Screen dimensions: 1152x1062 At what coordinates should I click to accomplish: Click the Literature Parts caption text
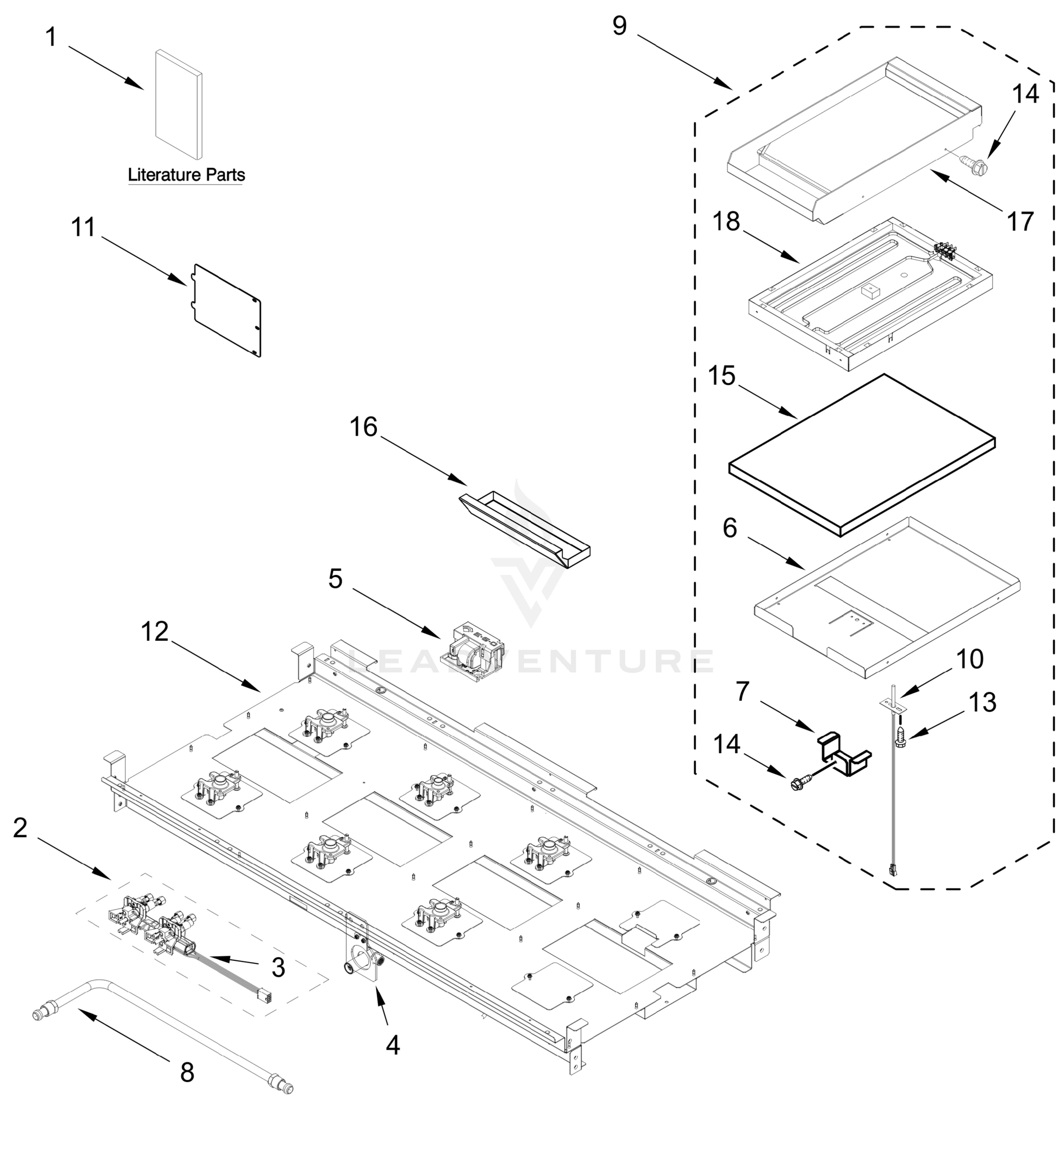pyautogui.click(x=186, y=175)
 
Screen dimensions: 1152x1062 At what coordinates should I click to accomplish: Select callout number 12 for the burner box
pyautogui.click(x=155, y=632)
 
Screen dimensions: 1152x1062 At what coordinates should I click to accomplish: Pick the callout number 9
pyautogui.click(x=619, y=26)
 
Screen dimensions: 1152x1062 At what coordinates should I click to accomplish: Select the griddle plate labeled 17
pyautogui.click(x=856, y=141)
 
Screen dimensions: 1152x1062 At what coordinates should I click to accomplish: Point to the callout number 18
pyautogui.click(x=726, y=222)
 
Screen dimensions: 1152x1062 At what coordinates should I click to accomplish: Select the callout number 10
pyautogui.click(x=969, y=659)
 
